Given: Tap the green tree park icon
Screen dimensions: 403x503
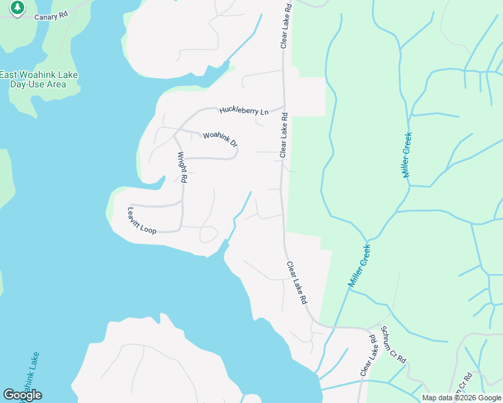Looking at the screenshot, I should (x=17, y=8).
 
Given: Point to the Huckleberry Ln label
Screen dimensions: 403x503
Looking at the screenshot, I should (x=243, y=111).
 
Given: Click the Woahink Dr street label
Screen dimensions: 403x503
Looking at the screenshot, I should (x=221, y=139).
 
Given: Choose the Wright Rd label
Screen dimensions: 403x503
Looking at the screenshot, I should (x=181, y=167).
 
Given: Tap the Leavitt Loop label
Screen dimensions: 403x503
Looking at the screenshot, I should (x=142, y=220).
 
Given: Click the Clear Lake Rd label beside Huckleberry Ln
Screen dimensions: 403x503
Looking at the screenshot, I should (x=284, y=135).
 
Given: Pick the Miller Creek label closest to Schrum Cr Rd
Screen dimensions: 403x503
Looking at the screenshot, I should (x=360, y=266).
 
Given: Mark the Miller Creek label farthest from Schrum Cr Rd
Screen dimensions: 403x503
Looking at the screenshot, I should (x=407, y=154).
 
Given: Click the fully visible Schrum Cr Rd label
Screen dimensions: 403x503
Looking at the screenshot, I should (x=394, y=345).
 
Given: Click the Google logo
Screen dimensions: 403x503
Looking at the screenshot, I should (x=22, y=395).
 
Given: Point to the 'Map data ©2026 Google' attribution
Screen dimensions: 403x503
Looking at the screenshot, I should (x=461, y=398).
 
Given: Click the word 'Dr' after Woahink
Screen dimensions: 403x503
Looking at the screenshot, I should (x=233, y=143).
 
